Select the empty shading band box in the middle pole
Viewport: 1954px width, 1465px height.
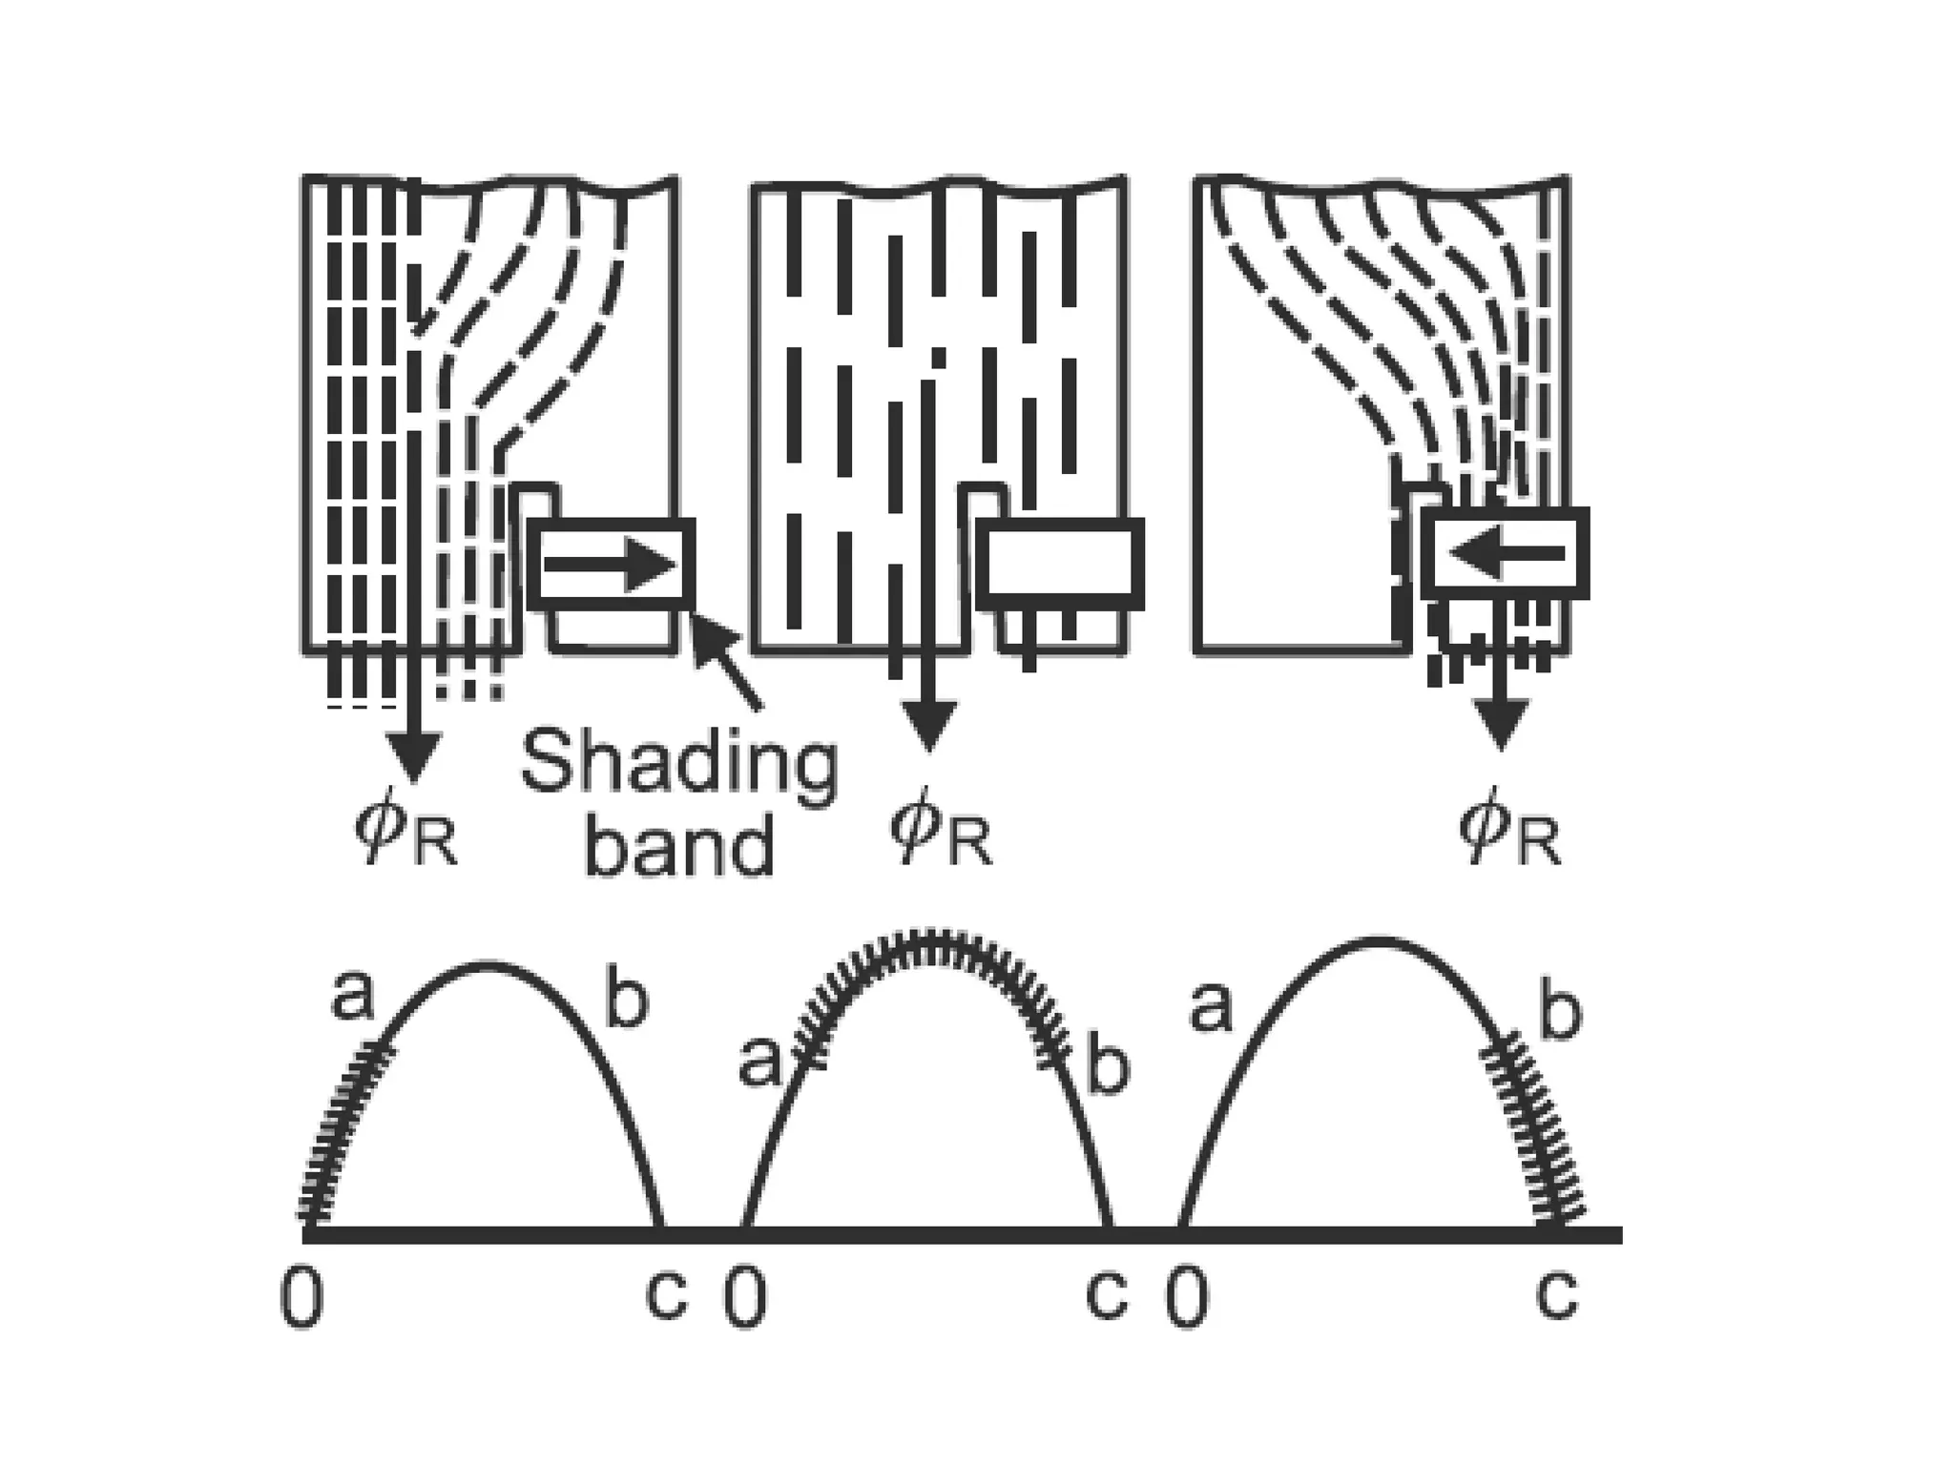coord(1060,564)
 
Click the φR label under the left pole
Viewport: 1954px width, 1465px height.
coord(405,835)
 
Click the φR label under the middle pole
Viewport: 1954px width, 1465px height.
coord(941,835)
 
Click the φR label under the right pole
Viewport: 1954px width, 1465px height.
coord(1509,835)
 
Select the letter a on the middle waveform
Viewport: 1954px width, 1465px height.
coord(759,1063)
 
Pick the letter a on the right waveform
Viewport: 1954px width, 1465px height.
coord(1211,1009)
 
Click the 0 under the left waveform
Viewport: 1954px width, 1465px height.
coord(302,1301)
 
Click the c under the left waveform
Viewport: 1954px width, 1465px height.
coord(665,1297)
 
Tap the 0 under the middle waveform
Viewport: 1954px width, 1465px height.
coord(745,1301)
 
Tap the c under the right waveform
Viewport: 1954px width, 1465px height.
coord(1557,1297)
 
